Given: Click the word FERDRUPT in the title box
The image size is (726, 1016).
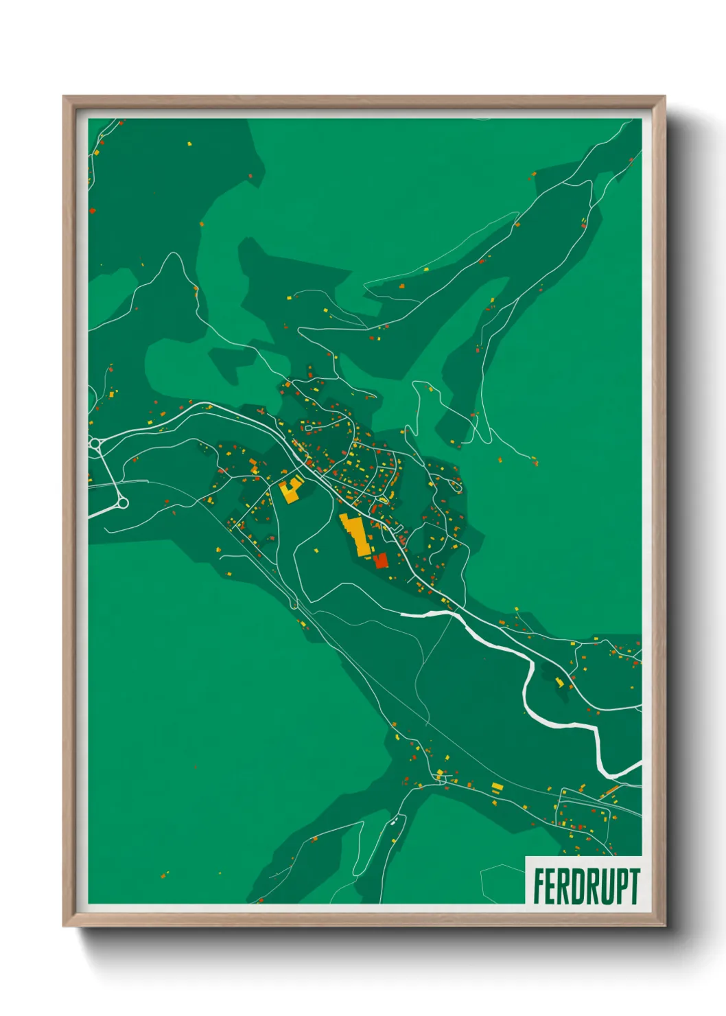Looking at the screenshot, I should coord(586,886).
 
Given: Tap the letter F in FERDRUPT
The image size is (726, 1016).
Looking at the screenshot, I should coord(539,886).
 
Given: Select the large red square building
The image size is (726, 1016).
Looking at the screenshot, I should coord(381,561).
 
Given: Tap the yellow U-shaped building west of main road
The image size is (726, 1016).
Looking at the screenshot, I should coord(291,490).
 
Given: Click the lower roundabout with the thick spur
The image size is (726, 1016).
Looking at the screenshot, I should coord(123,504).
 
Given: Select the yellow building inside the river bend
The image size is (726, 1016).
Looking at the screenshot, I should coord(559,682).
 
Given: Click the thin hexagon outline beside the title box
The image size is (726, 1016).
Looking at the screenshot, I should coord(501,882).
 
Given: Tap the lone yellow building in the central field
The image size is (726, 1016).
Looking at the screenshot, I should coord(316,550).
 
